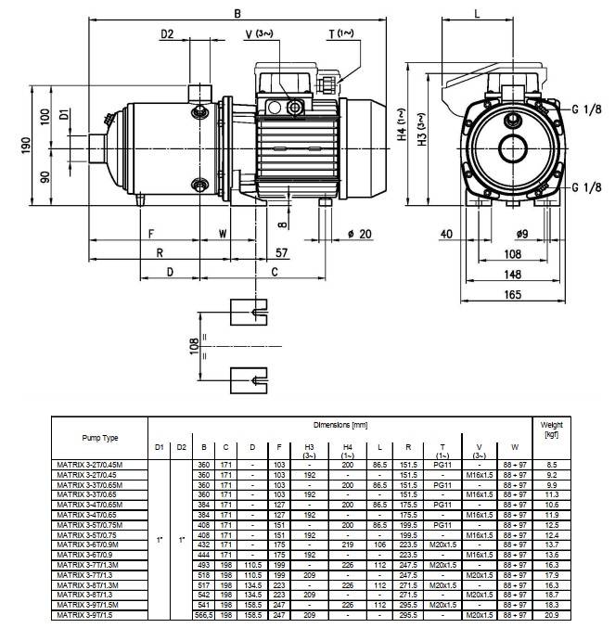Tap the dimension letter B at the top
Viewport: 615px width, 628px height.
click(237, 13)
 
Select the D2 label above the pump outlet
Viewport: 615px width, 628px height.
click(167, 34)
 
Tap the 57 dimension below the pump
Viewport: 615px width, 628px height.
click(282, 252)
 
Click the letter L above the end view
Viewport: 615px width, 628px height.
click(477, 13)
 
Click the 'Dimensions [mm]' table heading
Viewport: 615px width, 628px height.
click(340, 424)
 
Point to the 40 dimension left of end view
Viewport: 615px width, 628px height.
click(447, 234)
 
